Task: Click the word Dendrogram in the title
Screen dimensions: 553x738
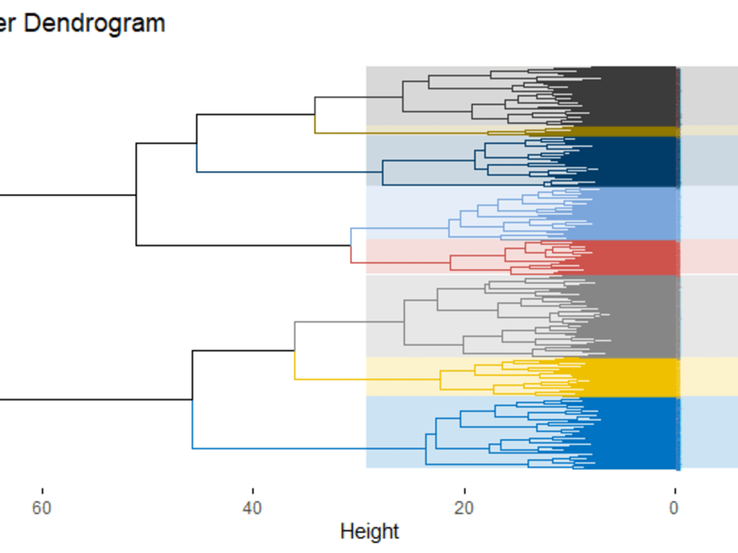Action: [x=94, y=24]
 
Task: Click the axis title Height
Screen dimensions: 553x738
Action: [x=369, y=531]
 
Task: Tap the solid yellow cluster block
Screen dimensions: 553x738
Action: [x=635, y=376]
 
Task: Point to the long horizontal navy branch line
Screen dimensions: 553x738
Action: [x=288, y=172]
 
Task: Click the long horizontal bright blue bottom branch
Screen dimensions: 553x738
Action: [x=280, y=448]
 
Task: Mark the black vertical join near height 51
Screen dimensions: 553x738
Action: [x=137, y=195]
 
